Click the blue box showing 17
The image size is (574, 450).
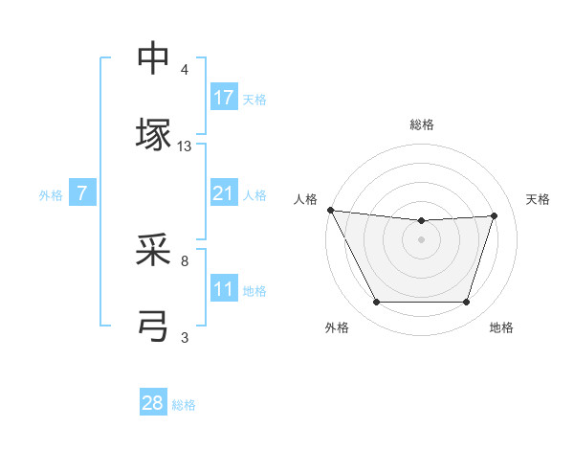(x=224, y=97)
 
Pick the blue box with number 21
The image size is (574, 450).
(x=224, y=192)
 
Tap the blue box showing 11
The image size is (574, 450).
(x=224, y=288)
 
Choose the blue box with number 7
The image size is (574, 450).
(x=82, y=192)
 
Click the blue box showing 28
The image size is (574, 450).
(x=153, y=403)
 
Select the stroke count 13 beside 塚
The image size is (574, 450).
(x=185, y=146)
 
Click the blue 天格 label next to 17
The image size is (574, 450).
(x=254, y=99)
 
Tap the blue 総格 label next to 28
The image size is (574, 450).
(x=184, y=405)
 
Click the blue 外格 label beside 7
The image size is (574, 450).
(x=51, y=194)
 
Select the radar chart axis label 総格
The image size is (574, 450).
(x=422, y=124)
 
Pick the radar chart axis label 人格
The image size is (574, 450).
(x=307, y=199)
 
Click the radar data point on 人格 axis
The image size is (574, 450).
(x=330, y=210)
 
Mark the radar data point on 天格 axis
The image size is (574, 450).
(x=495, y=215)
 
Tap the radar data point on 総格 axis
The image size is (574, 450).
(x=422, y=221)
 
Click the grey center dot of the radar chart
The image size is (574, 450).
(x=422, y=239)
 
